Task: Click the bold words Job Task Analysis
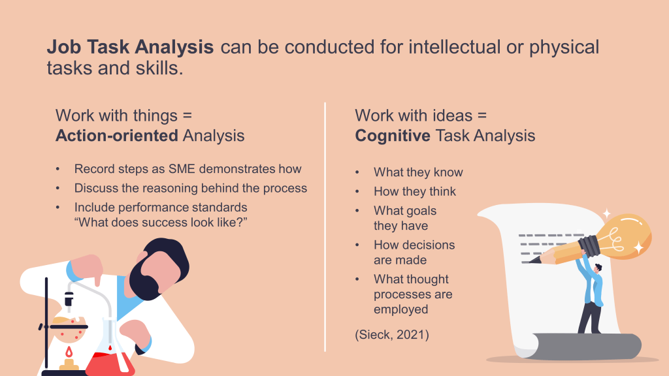click(130, 47)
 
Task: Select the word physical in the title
click(564, 48)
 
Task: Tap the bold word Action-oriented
click(117, 136)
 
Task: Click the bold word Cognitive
click(393, 136)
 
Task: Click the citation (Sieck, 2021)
click(392, 335)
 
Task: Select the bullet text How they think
click(415, 191)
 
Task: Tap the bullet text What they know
click(418, 172)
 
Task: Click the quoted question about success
click(161, 223)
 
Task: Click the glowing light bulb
click(622, 236)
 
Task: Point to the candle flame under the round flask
click(69, 352)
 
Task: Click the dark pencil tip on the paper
click(533, 259)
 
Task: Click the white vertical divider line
click(325, 227)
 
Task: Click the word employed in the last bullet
click(400, 309)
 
